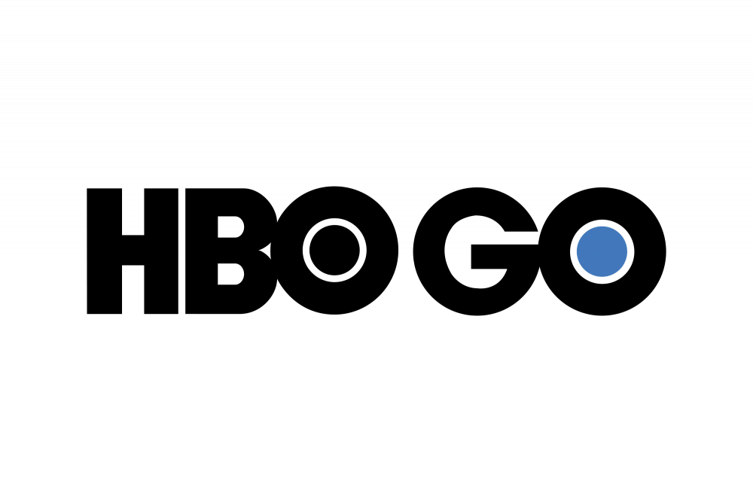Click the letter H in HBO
(133, 251)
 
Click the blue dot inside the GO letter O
(602, 251)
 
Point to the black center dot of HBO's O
(334, 251)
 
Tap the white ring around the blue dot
(573, 251)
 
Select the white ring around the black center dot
(306, 251)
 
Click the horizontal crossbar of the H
(133, 250)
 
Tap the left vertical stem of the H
(104, 251)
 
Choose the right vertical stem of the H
(161, 251)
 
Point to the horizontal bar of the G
(505, 257)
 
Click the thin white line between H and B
(181, 251)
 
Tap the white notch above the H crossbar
(133, 211)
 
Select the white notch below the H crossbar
(133, 290)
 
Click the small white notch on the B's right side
(266, 250)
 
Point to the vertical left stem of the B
(201, 251)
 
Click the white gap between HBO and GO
(406, 251)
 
